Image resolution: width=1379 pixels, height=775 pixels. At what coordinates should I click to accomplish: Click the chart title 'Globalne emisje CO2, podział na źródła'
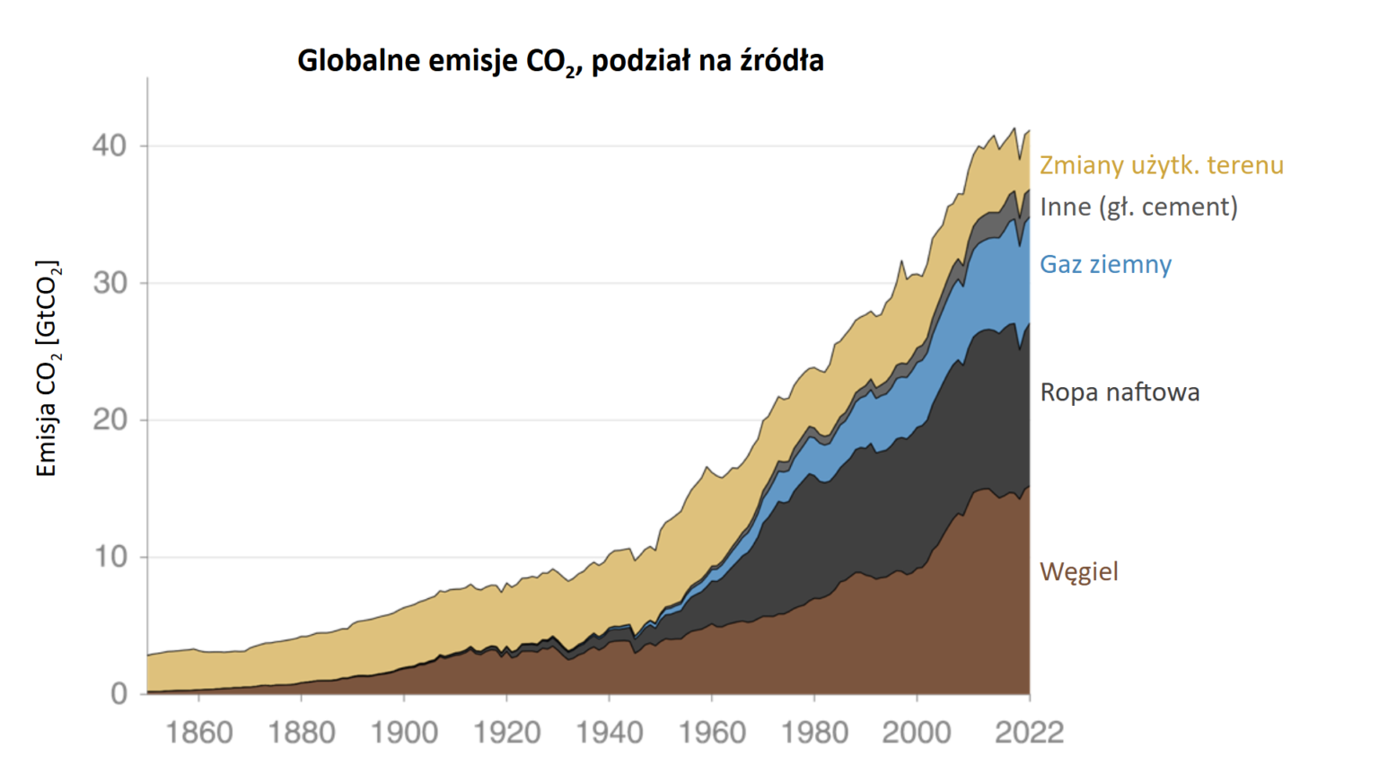560,61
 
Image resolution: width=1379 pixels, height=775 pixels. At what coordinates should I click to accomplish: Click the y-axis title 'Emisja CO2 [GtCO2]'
47,368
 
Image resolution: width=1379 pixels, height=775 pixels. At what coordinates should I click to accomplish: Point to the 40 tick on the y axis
110,145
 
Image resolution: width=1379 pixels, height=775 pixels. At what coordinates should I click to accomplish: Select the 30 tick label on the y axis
110,283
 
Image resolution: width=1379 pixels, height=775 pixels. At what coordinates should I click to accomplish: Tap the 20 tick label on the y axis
110,419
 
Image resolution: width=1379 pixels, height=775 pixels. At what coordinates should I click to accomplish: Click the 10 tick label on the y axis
110,557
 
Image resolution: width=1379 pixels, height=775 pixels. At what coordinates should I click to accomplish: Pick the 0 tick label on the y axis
119,694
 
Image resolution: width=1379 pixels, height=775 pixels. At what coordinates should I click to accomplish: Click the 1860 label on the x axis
199,733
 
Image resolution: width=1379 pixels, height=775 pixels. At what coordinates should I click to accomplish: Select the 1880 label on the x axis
302,733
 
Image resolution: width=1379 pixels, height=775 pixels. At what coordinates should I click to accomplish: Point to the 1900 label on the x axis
404,733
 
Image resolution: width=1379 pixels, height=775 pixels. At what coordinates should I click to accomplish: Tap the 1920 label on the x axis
506,733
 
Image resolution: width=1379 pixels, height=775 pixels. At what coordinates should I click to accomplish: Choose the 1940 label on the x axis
609,733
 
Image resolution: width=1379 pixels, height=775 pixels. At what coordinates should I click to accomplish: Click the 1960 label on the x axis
712,733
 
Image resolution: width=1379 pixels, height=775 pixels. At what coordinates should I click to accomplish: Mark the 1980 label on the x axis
814,733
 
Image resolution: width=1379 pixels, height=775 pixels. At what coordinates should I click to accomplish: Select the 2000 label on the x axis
917,733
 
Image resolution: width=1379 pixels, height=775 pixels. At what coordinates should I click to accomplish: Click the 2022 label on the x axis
1029,733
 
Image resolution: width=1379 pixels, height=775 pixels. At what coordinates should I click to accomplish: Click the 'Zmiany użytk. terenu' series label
1162,165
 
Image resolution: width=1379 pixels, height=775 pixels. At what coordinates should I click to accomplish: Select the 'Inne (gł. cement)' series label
1138,207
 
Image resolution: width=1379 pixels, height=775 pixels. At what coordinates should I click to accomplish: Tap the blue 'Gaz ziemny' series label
1105,264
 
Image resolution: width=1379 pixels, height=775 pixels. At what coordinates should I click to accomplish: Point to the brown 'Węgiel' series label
1079,572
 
